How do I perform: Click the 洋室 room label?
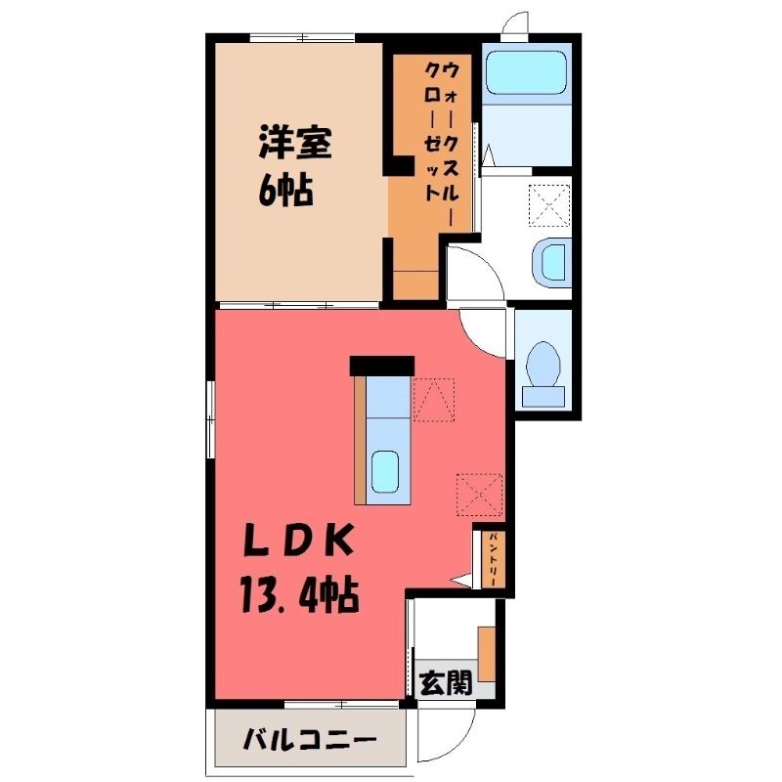(x=295, y=143)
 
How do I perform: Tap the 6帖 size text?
(x=285, y=191)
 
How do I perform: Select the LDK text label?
(x=298, y=542)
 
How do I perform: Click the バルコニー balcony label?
(x=309, y=740)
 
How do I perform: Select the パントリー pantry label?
(x=493, y=559)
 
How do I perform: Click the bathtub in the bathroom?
(x=526, y=72)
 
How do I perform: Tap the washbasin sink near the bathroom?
(x=551, y=263)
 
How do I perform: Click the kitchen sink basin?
(x=384, y=471)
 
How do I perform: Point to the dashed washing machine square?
(x=549, y=206)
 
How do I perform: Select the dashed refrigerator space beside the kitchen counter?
(x=434, y=400)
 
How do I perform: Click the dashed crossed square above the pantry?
(x=479, y=495)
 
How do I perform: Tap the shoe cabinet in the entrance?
(x=487, y=653)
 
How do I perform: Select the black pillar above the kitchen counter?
(x=382, y=366)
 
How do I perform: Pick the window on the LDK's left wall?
(x=211, y=419)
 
